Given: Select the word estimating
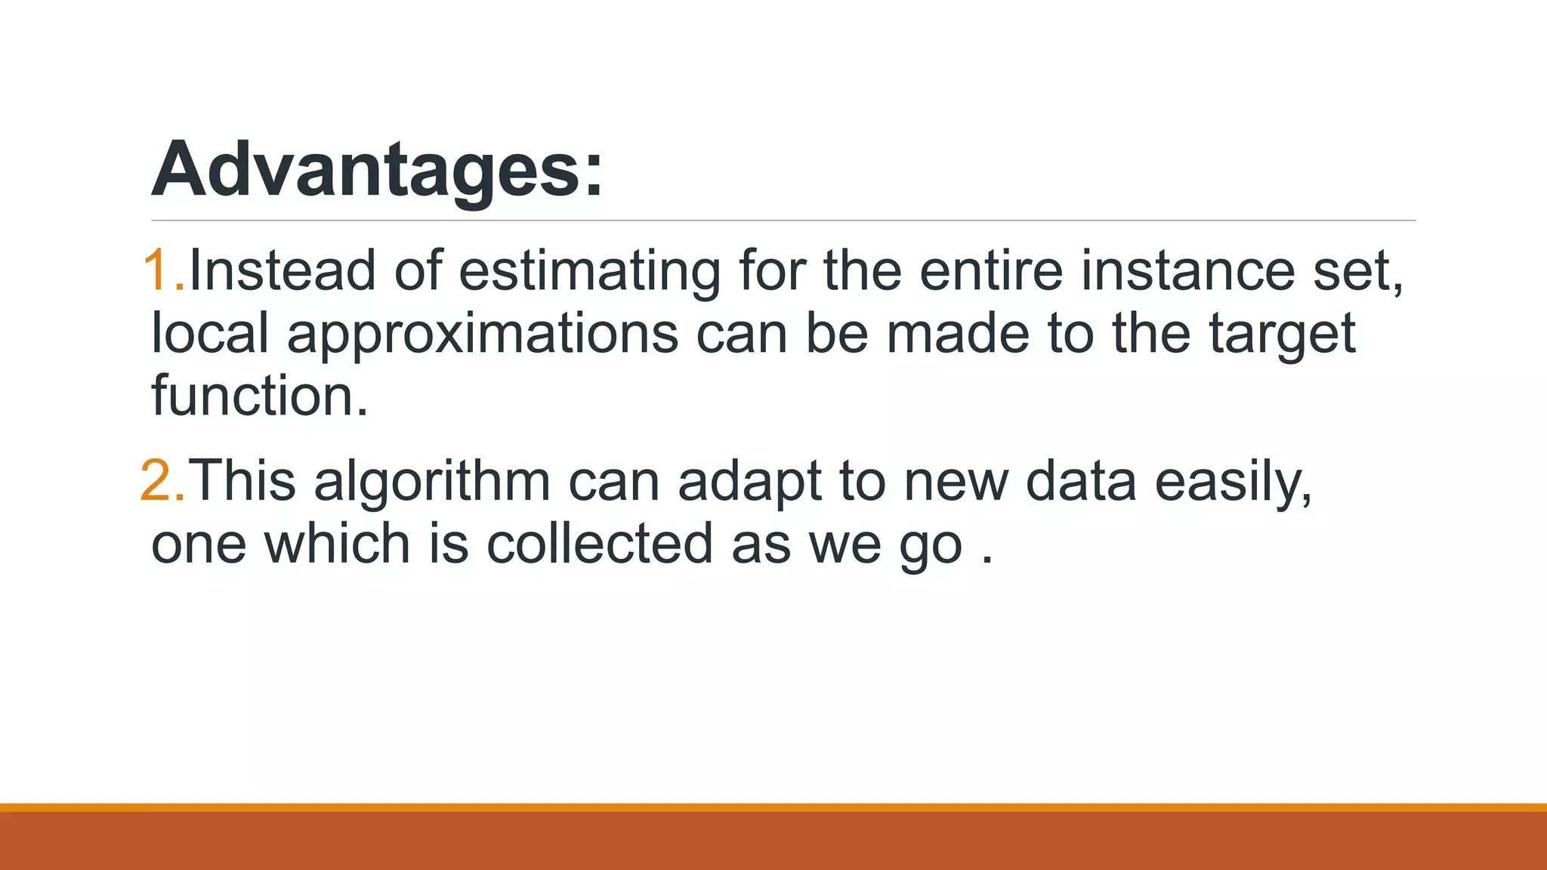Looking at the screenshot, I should (589, 272).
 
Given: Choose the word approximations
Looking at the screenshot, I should (483, 335).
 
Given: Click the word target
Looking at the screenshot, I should (1283, 335).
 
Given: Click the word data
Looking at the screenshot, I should (1081, 481).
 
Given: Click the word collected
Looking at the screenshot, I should (600, 544).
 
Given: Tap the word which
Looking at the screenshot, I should (337, 544).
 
